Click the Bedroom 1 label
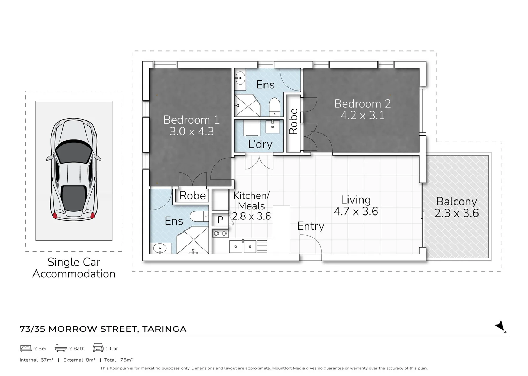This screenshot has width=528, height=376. [x=191, y=120]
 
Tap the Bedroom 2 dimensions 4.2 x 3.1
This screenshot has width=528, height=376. [x=362, y=115]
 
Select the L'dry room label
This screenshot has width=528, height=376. [x=260, y=144]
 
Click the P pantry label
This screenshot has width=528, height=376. [x=220, y=220]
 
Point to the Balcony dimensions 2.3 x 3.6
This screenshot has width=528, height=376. [x=457, y=213]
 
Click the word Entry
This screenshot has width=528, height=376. [x=311, y=226]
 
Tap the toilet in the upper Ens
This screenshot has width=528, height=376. [x=275, y=107]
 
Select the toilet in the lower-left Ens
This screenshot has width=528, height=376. [x=199, y=217]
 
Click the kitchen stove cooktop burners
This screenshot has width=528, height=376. [x=220, y=233]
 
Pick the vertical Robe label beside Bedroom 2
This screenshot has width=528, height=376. [x=293, y=122]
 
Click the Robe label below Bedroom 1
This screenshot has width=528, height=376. [x=192, y=196]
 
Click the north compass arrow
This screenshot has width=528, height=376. [x=500, y=327]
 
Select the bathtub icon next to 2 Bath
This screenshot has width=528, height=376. [x=61, y=348]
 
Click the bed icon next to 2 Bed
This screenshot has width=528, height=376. [x=26, y=348]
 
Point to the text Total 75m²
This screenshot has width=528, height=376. [x=118, y=360]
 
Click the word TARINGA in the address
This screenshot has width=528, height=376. [x=164, y=329]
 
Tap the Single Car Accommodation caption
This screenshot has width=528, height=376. [x=74, y=268]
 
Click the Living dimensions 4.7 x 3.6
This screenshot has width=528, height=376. [x=355, y=211]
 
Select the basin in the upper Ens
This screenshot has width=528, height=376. [x=240, y=78]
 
